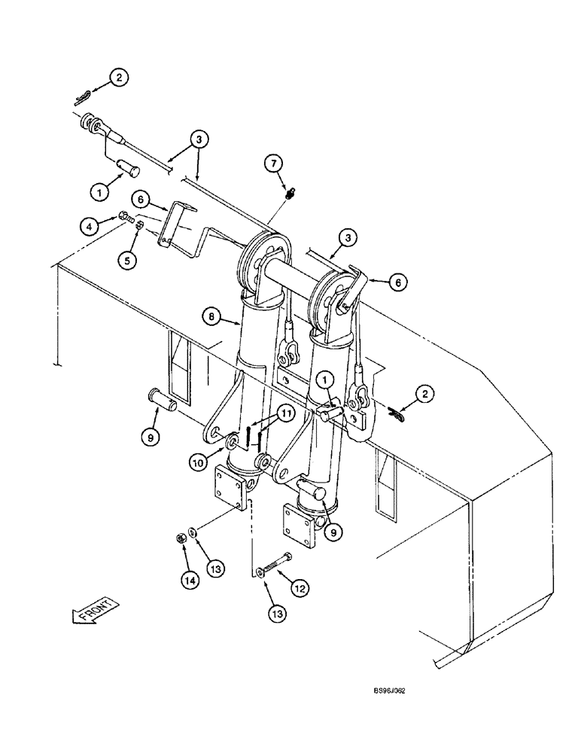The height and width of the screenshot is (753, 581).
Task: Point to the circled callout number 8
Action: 214,318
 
